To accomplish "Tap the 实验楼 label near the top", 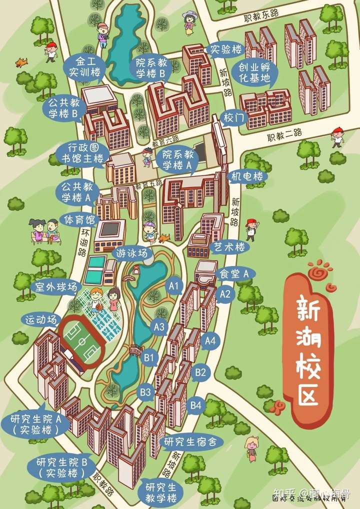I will (x=226, y=49).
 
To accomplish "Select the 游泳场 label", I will (x=132, y=253).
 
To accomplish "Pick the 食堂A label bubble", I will (x=234, y=273).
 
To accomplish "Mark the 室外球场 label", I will (x=55, y=287).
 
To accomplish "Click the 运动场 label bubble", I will (x=42, y=319).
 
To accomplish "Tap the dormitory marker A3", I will (x=159, y=327).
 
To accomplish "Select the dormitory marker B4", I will (x=196, y=405).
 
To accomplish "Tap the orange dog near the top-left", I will (x=21, y=62).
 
